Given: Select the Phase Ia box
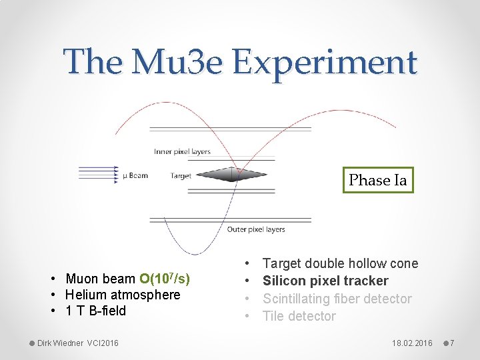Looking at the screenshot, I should (x=378, y=180).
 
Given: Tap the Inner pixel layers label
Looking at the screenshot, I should (x=182, y=151).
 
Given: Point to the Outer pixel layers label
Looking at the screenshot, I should (x=256, y=229).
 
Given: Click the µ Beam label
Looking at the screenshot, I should (x=135, y=176).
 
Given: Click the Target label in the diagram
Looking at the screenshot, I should (x=181, y=176).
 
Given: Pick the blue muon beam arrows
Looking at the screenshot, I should (x=99, y=175).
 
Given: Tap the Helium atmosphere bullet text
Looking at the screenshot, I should (x=123, y=295).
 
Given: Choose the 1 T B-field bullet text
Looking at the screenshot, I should (x=95, y=311).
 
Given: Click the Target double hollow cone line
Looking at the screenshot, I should (x=340, y=263).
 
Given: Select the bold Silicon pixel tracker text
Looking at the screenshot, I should (x=325, y=281).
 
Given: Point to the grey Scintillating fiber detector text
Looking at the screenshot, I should (x=337, y=299).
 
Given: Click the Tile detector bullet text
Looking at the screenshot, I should (x=299, y=316).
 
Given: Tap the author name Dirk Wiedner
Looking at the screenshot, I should (x=61, y=343).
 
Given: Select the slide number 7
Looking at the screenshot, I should (x=451, y=343).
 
